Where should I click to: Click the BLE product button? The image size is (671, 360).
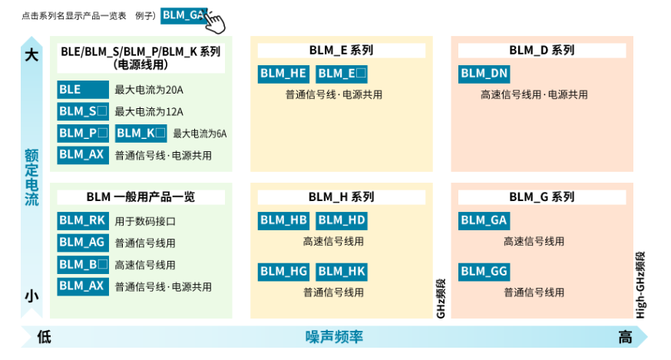click(83, 89)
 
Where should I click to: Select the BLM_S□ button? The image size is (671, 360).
click(83, 111)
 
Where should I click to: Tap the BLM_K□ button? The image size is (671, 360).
click(141, 133)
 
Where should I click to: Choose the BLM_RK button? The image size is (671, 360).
click(83, 221)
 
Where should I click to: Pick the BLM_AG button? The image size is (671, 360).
click(83, 243)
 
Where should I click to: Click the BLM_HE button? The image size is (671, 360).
click(283, 74)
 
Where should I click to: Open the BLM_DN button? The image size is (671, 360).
click(484, 74)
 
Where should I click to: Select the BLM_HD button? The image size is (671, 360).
click(342, 221)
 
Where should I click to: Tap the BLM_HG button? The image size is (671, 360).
click(283, 271)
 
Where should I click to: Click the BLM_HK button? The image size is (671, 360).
click(342, 271)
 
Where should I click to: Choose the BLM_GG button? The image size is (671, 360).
click(484, 271)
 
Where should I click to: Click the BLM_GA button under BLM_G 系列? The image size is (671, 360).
click(484, 221)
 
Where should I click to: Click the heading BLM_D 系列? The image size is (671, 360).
click(542, 51)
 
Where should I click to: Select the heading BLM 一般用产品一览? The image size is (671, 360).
click(140, 197)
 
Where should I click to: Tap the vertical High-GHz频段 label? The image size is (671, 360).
click(640, 284)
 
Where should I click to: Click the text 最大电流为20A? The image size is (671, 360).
click(149, 90)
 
